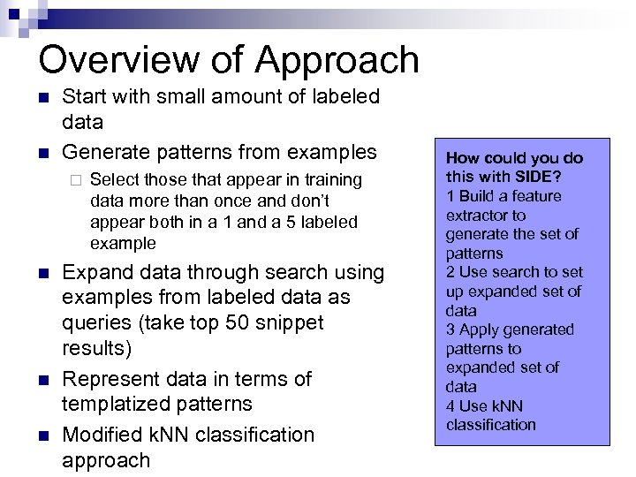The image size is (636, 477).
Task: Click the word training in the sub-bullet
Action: [x=329, y=180]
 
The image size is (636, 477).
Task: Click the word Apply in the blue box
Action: [x=477, y=329]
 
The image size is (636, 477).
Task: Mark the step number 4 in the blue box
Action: [x=450, y=405]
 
